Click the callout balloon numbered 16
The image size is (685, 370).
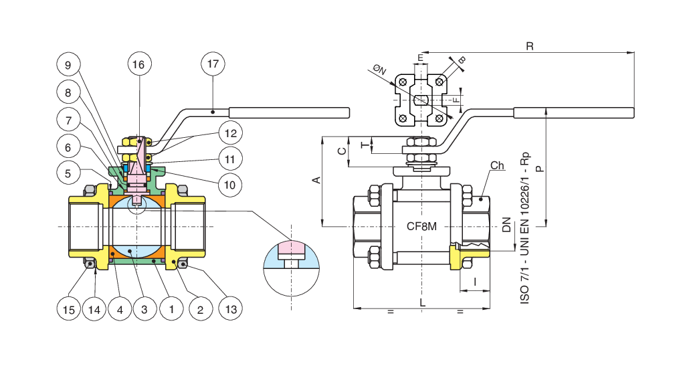coord(138,65)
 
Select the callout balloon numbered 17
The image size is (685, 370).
coord(213,65)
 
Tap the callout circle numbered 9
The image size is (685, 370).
coord(68,65)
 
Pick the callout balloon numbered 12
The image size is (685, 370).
coord(229,134)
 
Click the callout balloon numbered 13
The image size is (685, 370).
coord(229,309)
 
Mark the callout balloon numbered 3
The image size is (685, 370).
coord(144,309)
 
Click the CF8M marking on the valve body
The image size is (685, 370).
coord(421,226)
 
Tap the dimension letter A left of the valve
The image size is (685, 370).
coord(317,180)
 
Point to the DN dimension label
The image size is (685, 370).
coord(506,225)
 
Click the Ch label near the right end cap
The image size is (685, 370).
coord(496,165)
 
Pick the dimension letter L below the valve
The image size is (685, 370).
coord(422,303)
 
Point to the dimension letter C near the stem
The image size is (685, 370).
coord(340,151)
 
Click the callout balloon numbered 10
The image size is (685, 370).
coord(229,183)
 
